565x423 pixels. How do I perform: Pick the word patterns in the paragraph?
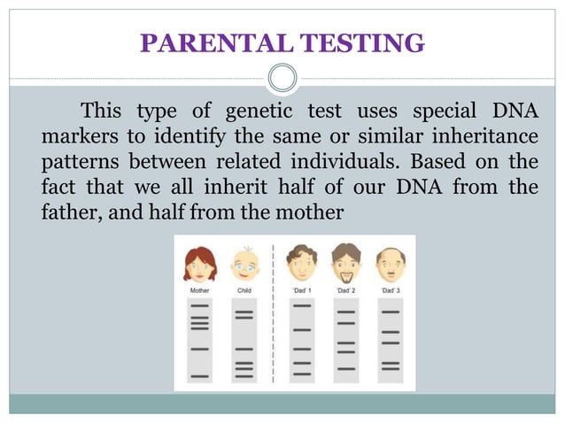pyautogui.click(x=78, y=165)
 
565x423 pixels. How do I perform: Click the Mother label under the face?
pyautogui.click(x=200, y=289)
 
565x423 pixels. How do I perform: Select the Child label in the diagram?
pyautogui.click(x=244, y=289)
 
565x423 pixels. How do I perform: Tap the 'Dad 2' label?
pyautogui.click(x=346, y=289)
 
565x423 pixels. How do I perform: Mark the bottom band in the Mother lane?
pyautogui.click(x=200, y=377)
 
